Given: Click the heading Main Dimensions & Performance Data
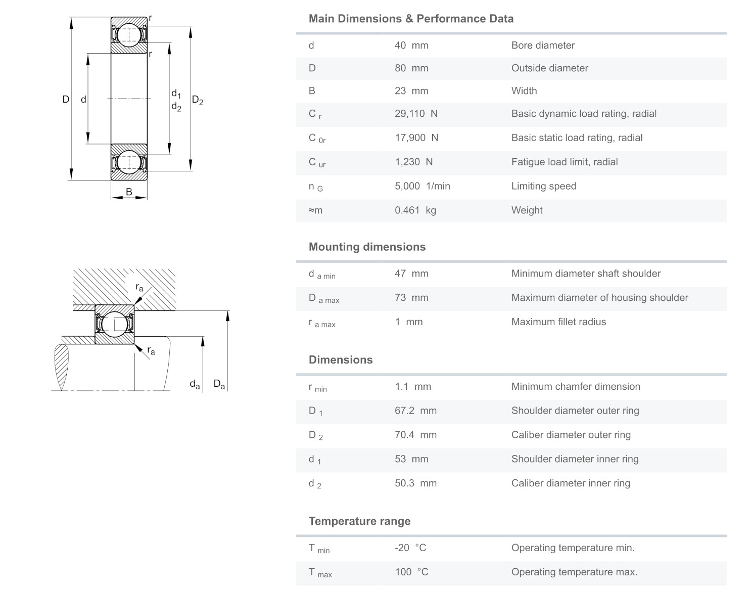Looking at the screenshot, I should click(x=411, y=19).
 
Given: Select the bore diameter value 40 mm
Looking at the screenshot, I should click(x=411, y=45).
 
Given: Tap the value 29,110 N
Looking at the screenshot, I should click(x=416, y=114).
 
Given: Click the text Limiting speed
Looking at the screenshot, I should click(x=543, y=186).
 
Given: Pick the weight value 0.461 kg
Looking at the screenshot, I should click(x=415, y=210).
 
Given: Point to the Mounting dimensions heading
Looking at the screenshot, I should click(x=367, y=247).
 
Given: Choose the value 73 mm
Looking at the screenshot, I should click(x=411, y=298).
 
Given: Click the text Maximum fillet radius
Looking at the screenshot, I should click(x=558, y=322).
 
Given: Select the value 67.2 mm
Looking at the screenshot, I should click(x=415, y=411).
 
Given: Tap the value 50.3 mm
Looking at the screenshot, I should click(x=415, y=483).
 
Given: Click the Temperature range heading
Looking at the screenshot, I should click(x=359, y=521).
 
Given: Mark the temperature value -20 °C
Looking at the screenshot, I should click(x=410, y=548).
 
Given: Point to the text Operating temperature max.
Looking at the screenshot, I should click(x=574, y=572).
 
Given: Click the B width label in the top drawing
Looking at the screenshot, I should click(x=129, y=192).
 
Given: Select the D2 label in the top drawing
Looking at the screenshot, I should click(x=198, y=101).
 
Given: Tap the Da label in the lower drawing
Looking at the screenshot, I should click(x=219, y=384).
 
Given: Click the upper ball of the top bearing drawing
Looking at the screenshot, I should click(x=129, y=35).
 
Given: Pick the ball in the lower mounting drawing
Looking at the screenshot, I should click(x=115, y=324).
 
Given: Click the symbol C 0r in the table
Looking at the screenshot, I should click(x=317, y=139).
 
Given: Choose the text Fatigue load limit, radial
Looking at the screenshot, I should click(x=565, y=162).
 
